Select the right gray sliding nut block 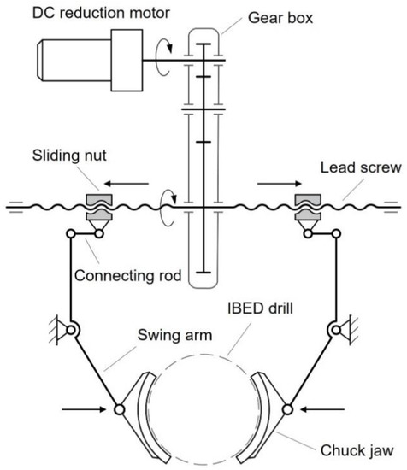[x=306, y=200]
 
